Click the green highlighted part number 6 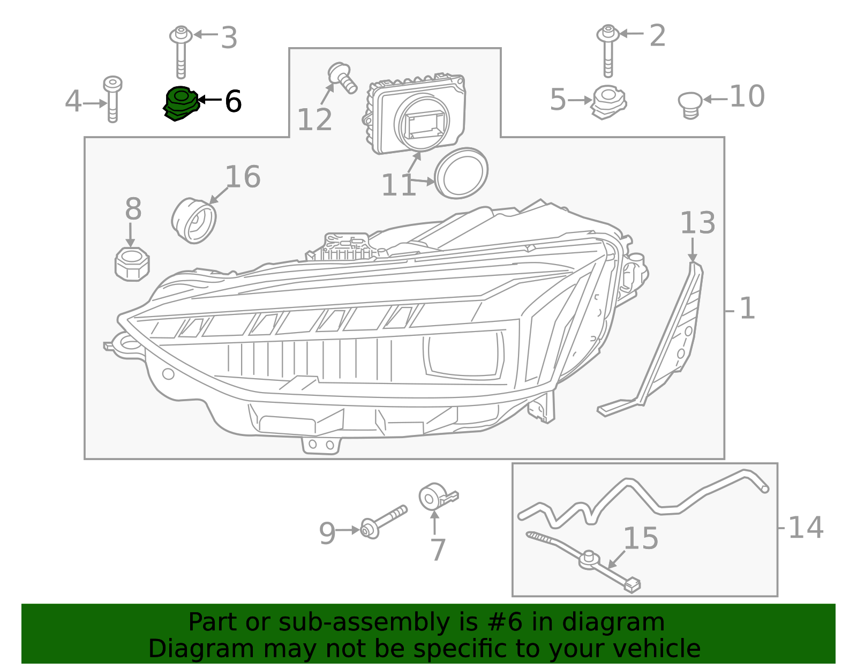pos(181,103)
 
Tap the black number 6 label pos(233,101)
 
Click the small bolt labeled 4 pos(112,99)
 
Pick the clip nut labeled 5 pos(608,102)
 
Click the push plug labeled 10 pos(690,104)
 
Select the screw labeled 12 pos(342,78)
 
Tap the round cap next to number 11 pos(461,173)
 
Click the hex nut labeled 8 pos(132,264)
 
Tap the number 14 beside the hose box pos(805,528)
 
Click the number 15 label pos(641,538)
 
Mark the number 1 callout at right pos(747,309)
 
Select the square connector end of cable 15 pos(632,585)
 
